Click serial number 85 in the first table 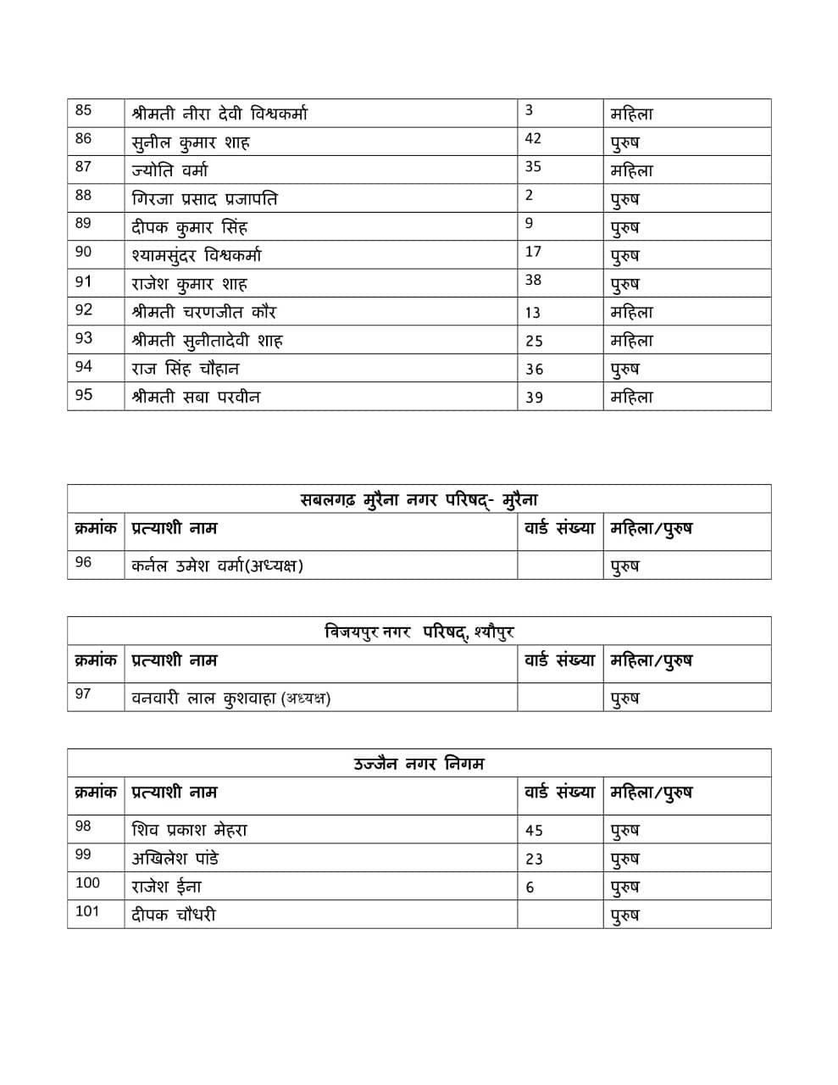[x=83, y=111]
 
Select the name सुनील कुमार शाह [x=191, y=142]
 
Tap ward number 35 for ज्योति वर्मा [x=533, y=167]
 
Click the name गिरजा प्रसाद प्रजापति [x=204, y=199]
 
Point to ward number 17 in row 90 [x=533, y=252]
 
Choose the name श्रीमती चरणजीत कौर [x=204, y=312]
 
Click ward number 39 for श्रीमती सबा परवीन [x=534, y=398]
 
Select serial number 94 [x=83, y=367]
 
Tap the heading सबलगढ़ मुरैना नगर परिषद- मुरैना [x=419, y=499]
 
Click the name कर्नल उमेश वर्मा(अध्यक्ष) [x=217, y=565]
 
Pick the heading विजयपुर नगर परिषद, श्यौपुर [x=419, y=632]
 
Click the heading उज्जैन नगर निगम [x=419, y=764]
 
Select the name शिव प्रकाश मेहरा [x=189, y=830]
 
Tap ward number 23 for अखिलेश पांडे [x=534, y=859]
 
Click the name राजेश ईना [x=166, y=887]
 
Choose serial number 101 [x=87, y=911]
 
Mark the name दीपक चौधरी [x=174, y=915]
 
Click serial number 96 [x=83, y=562]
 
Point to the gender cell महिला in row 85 [x=631, y=114]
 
